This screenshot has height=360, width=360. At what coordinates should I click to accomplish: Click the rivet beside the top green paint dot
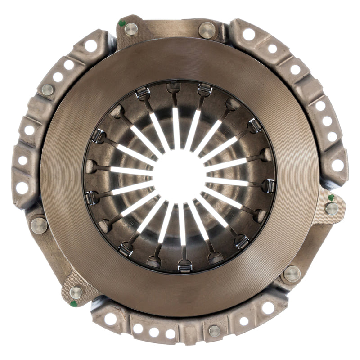131,29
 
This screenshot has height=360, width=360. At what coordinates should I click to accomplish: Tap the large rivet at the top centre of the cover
207,31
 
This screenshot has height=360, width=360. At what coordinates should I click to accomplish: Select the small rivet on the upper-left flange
48,90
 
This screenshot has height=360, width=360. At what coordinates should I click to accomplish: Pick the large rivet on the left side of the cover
39,225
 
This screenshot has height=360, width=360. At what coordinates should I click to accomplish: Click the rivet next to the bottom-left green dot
76,292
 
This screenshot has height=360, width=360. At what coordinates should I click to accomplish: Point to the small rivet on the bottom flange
215,331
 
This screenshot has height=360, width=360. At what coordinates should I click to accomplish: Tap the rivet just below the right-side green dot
332,208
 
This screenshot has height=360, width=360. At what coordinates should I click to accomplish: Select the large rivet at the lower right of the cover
292,274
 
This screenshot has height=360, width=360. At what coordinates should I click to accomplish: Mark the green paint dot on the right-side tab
331,198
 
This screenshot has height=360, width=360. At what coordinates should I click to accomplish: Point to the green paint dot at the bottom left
73,304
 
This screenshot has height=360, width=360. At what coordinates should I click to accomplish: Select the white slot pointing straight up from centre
176,128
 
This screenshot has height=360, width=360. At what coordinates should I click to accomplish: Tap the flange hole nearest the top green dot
91,45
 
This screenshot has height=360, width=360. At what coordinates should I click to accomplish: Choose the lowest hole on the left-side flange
22,188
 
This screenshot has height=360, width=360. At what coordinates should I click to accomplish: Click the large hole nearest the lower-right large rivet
268,308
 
